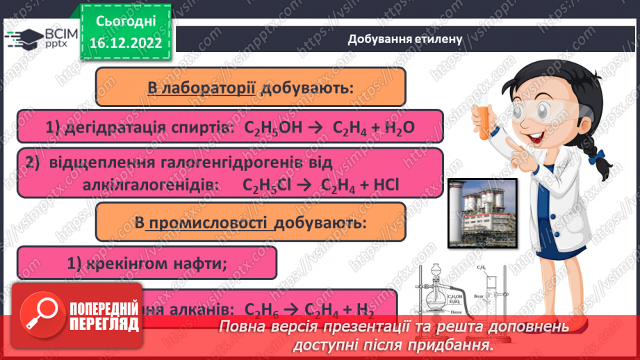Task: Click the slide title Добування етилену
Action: (406, 38)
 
